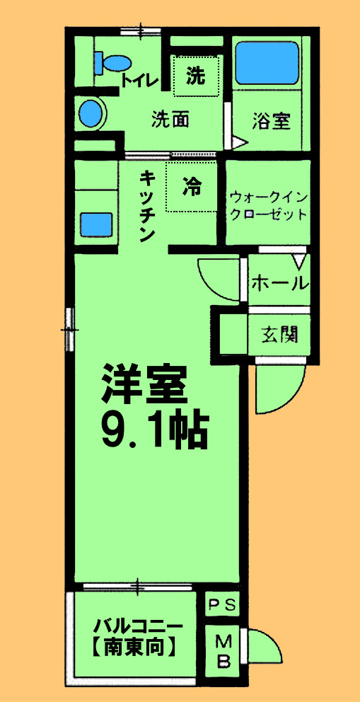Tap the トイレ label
click(x=140, y=79)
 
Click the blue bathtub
click(x=267, y=63)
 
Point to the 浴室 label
click(x=271, y=121)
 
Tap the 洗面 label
click(x=170, y=120)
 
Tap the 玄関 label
click(x=280, y=333)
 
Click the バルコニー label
click(x=139, y=626)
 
